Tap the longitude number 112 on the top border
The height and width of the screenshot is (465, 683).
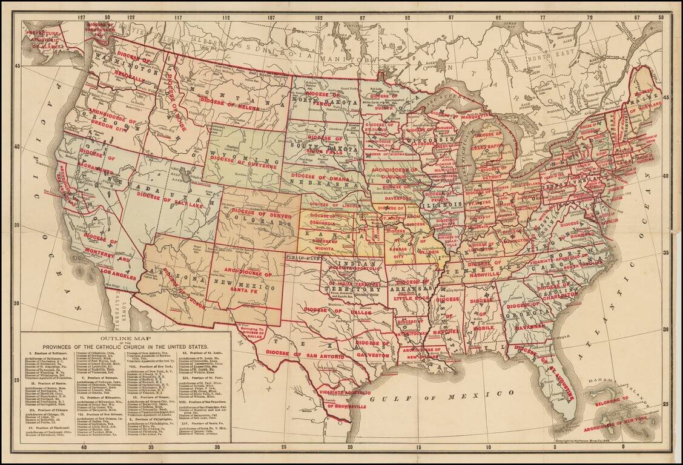226,18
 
